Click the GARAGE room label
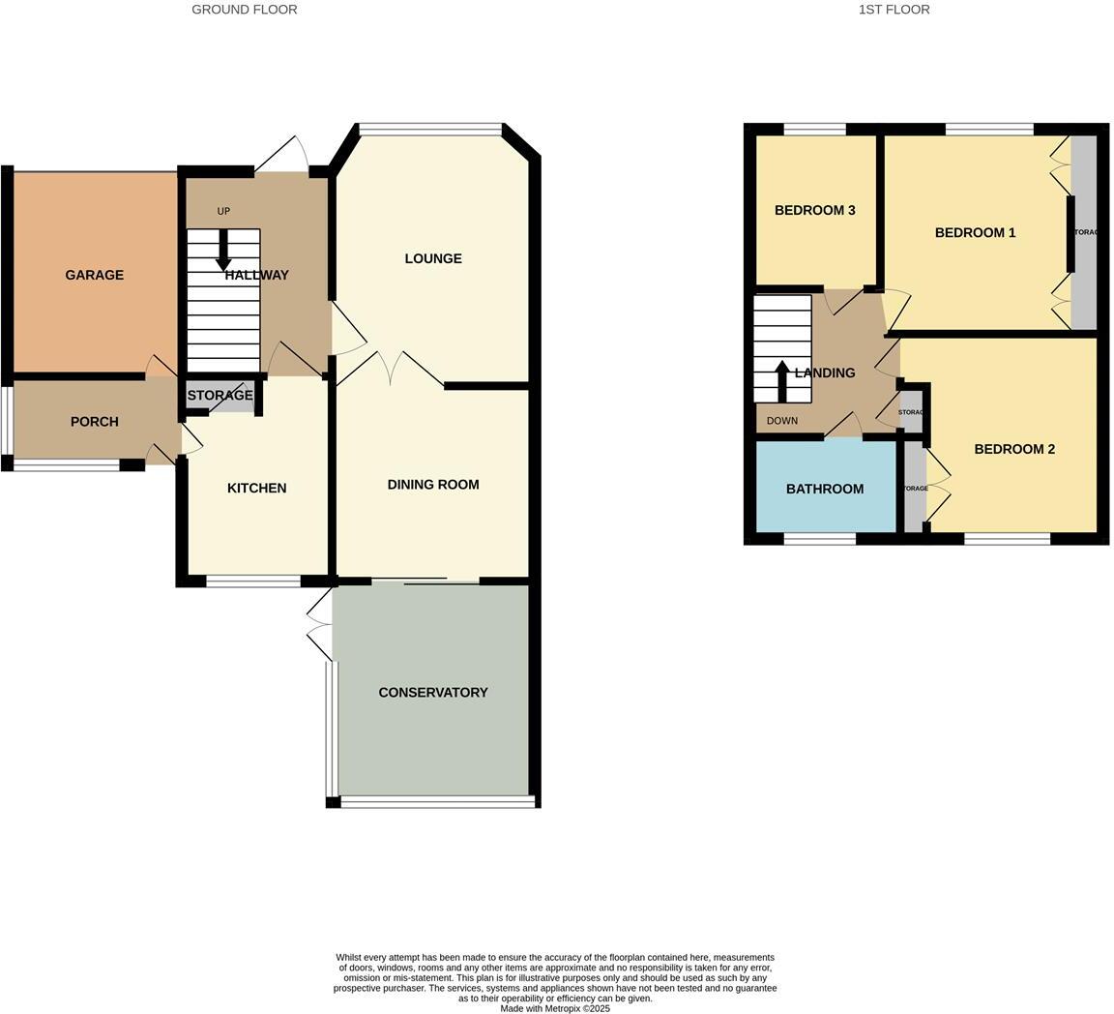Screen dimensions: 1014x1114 [x=94, y=275]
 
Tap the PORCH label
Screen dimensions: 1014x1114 [x=94, y=422]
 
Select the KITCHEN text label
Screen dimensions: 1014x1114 [x=256, y=489]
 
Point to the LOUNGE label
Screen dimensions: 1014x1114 [x=432, y=258]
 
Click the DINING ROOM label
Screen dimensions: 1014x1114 [x=432, y=485]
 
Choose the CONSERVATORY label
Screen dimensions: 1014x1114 [x=432, y=693]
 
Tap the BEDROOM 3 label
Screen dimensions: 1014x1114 [x=814, y=211]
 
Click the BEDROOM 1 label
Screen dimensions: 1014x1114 [x=975, y=233]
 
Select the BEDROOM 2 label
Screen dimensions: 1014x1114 [x=1013, y=449]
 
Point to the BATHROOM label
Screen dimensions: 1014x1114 [x=824, y=490]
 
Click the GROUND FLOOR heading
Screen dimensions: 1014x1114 [x=244, y=10]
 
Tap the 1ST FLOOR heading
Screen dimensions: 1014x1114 [x=894, y=10]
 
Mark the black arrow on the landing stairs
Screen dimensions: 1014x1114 [x=782, y=379]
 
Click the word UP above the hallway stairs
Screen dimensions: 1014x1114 [x=223, y=211]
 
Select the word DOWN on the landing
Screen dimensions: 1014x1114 [x=781, y=421]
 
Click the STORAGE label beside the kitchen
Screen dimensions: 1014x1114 [x=220, y=396]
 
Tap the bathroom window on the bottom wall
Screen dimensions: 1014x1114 [x=819, y=539]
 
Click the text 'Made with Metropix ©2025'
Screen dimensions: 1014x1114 [x=555, y=1008]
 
